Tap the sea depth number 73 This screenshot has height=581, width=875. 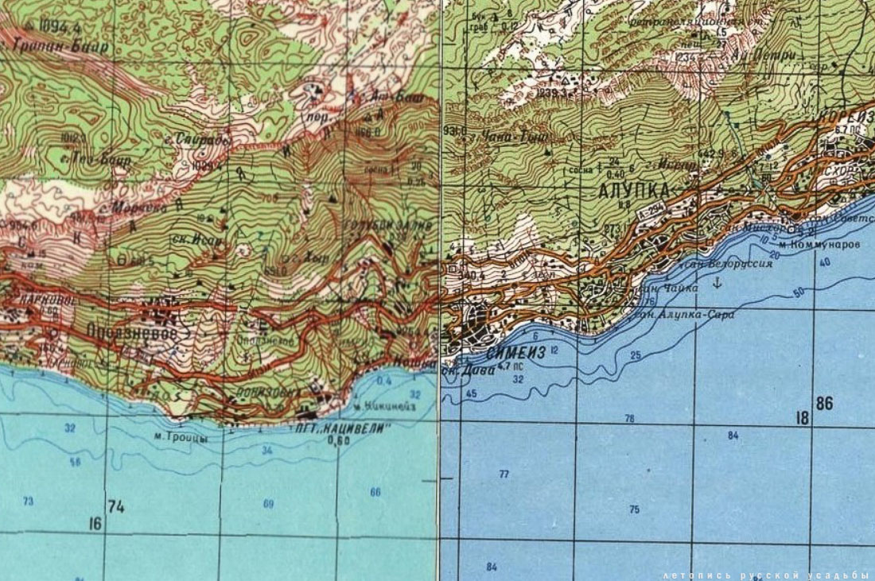pos(29,501)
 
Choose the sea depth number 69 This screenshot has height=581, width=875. pos(268,503)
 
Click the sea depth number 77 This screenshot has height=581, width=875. pos(504,474)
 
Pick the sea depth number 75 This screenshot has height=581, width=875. pos(634,509)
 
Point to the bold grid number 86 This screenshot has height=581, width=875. pos(824,404)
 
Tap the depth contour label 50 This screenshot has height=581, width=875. pos(799,292)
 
